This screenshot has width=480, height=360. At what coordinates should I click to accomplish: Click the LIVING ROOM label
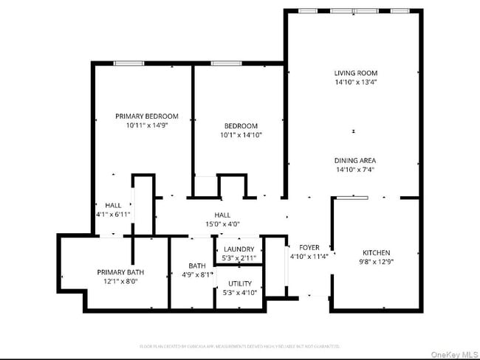pos(355,73)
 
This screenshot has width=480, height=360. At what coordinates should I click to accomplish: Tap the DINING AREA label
pos(355,160)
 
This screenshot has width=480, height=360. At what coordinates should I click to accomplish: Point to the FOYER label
pos(309,247)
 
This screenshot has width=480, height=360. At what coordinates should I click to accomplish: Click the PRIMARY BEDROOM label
pos(146,116)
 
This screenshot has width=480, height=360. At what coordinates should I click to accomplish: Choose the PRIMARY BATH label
pos(120,272)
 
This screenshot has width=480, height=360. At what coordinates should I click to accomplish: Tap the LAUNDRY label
pos(239,249)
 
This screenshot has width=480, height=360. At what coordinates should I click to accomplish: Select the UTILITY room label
pos(239,283)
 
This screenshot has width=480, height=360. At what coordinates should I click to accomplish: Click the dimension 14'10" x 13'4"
pos(355,83)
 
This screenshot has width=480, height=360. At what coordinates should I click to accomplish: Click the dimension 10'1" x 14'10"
pos(241,135)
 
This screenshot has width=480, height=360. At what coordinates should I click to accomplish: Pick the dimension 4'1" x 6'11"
pos(113,214)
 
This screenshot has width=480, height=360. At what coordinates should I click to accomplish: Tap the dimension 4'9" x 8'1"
pos(196,275)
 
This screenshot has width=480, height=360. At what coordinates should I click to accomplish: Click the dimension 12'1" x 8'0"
pos(120,282)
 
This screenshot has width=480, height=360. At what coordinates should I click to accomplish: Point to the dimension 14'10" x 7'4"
pos(355,170)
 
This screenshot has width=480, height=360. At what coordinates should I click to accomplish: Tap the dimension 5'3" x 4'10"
pos(239,293)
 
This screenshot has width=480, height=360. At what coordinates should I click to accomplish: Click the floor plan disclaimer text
pos(239,345)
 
